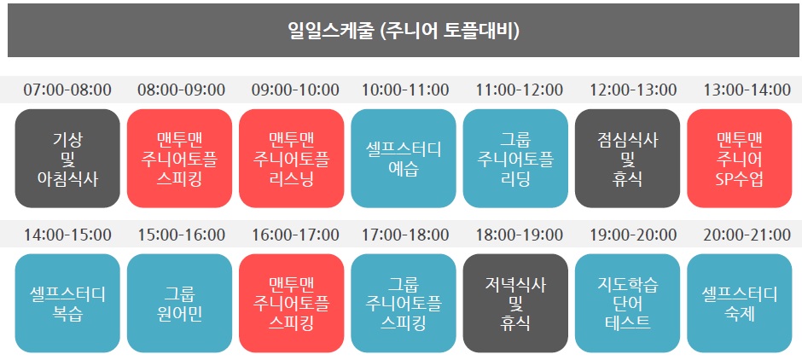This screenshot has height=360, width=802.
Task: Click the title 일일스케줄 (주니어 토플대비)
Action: [404, 31]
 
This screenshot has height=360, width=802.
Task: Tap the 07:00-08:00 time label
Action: [67, 90]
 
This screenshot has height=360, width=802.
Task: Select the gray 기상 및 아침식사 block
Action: [67, 159]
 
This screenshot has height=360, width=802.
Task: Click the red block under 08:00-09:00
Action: [179, 159]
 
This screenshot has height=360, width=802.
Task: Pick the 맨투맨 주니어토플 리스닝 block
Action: [292, 159]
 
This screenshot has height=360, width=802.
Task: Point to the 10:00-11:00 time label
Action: [405, 90]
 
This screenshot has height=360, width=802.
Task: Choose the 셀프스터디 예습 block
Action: [404, 159]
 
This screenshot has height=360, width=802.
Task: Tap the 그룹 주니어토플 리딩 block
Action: [515, 159]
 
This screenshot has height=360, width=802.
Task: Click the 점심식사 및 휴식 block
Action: [628, 159]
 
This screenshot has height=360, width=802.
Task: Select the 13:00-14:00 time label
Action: [747, 90]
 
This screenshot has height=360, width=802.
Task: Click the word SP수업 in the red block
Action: [740, 179]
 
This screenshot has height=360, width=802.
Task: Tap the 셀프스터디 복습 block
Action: [67, 303]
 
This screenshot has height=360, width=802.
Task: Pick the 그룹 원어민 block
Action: [179, 303]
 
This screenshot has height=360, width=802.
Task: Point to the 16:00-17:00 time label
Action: [296, 235]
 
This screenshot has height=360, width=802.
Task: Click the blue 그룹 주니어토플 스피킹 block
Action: [404, 303]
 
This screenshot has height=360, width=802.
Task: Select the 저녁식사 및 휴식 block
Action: [515, 303]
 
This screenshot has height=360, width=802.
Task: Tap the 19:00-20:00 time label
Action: [633, 235]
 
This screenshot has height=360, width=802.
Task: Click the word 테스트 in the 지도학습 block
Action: [628, 323]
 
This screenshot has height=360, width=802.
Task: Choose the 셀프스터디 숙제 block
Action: [740, 303]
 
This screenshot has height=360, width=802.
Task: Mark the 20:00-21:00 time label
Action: [747, 235]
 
